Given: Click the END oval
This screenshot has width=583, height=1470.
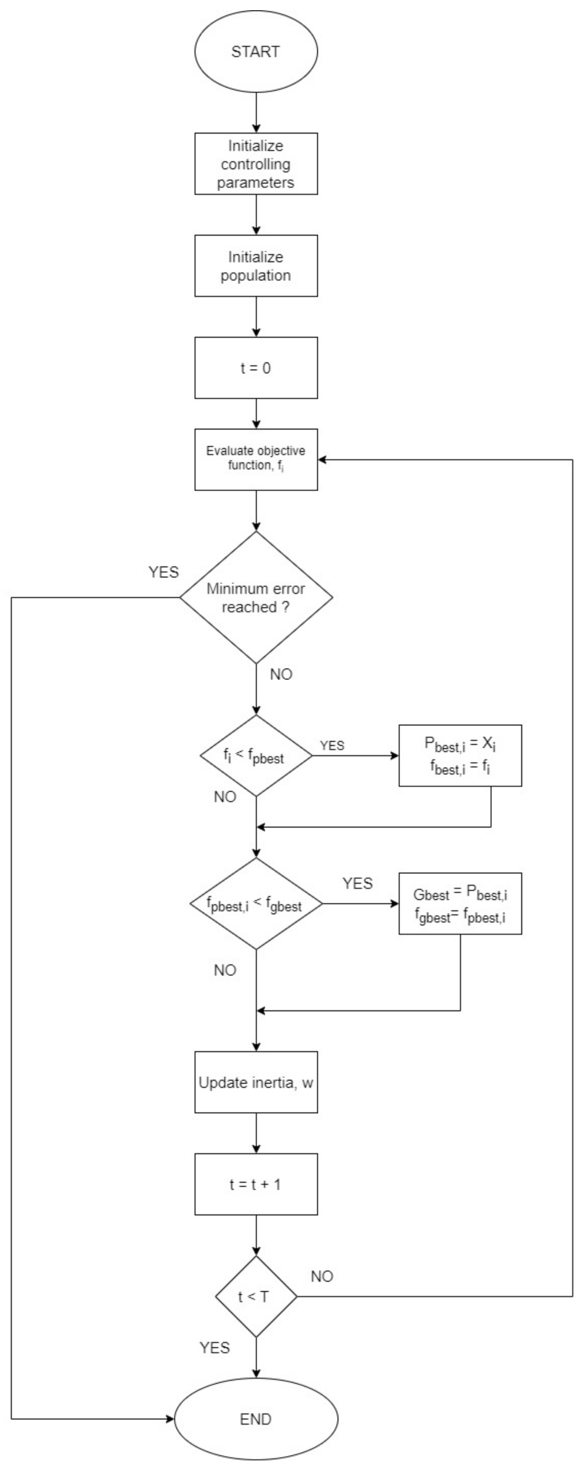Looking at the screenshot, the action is point(256,1419).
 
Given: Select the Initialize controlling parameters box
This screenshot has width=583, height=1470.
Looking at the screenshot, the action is point(256,164).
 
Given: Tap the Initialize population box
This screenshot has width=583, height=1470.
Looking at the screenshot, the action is point(256,266).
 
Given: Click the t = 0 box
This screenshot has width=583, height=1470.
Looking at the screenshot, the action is point(256,368).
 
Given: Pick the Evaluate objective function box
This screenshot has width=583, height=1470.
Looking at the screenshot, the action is point(256,459).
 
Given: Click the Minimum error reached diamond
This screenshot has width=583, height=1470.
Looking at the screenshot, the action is point(256,597).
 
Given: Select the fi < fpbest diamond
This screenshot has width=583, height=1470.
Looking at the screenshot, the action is point(256,756).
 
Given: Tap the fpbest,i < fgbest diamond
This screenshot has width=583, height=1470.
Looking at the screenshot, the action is point(256,904).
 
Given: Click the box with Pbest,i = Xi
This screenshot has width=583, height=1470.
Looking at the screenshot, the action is point(460,756).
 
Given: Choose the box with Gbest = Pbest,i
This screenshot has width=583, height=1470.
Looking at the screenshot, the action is point(460,904).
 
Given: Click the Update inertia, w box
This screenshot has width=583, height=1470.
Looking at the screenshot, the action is point(256,1082).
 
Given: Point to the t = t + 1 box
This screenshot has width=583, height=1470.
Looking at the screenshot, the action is point(256,1184).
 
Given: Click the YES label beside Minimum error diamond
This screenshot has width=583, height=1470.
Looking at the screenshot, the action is point(164,572).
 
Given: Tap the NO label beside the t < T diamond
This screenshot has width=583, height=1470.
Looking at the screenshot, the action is point(322,1276).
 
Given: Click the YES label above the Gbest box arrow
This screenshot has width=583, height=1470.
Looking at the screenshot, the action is point(358,884).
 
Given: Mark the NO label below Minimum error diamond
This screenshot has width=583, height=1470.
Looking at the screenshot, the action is point(281,675).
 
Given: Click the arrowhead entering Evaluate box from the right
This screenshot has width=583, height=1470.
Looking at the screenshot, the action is point(323,460).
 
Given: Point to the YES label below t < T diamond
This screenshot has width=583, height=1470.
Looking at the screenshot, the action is point(215,1347).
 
